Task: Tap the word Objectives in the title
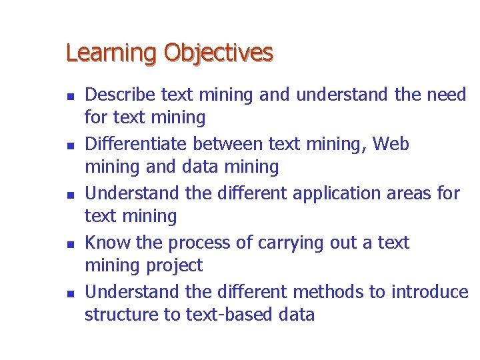pos(218,53)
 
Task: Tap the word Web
pos(391,144)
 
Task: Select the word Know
pos(107,243)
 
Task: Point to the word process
pos(195,243)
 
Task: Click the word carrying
pos(293,243)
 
